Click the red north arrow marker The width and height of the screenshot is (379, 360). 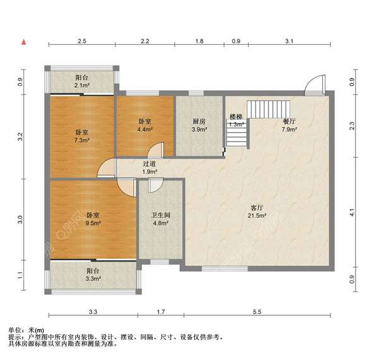[24, 42]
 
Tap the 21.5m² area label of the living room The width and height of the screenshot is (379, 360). [257, 215]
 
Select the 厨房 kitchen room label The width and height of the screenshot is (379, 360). [199, 121]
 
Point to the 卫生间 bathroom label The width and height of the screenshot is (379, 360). [161, 215]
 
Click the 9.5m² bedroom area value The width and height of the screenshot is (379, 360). [93, 223]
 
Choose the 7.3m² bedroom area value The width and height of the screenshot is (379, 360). [82, 140]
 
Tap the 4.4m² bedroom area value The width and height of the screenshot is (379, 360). [145, 129]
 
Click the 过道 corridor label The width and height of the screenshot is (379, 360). [149, 164]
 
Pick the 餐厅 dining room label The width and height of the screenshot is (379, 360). [289, 121]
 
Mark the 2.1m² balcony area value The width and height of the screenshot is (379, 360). [82, 85]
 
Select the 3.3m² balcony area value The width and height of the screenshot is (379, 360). [93, 279]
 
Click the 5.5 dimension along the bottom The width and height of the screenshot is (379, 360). [257, 312]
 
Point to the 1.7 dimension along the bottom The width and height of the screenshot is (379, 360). [160, 312]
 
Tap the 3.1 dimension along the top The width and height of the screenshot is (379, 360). [289, 41]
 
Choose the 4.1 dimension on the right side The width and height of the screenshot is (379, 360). [352, 212]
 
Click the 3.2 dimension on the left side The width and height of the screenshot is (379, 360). [21, 137]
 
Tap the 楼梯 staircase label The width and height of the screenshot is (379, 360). [236, 117]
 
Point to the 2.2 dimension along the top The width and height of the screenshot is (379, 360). [145, 41]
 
